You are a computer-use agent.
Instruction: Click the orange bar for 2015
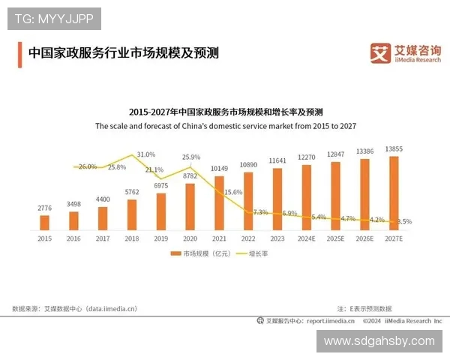click(44, 222)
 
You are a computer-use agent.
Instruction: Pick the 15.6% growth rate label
click(233, 192)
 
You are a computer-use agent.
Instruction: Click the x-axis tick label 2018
click(132, 238)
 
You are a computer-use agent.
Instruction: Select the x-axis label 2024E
click(307, 238)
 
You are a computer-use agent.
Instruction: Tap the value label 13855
click(394, 149)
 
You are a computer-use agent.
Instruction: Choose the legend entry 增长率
click(256, 254)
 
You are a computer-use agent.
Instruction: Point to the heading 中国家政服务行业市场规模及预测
click(123, 53)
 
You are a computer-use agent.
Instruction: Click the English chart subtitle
click(225, 127)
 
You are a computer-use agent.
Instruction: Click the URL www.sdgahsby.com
click(379, 340)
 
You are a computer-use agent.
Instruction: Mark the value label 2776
click(44, 207)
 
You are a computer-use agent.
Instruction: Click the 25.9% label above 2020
click(191, 157)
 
